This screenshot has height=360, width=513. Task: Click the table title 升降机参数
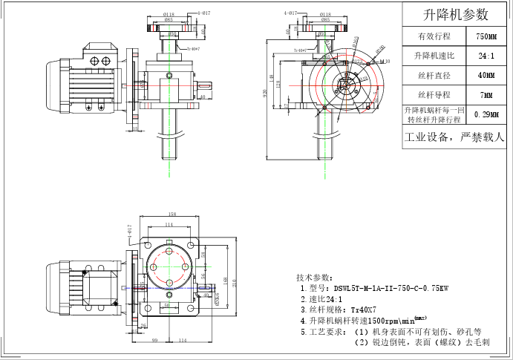[455, 14]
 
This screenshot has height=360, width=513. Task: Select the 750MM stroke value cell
[486, 36]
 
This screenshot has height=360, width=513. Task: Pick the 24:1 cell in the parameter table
[486, 56]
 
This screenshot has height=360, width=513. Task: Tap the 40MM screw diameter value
[486, 75]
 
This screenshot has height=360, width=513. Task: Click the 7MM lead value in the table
[486, 95]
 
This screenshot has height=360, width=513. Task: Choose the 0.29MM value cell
[486, 114]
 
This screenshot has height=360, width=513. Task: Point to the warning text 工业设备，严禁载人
[454, 137]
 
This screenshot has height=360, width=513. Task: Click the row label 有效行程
[434, 36]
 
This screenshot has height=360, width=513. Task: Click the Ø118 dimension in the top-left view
[169, 14]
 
